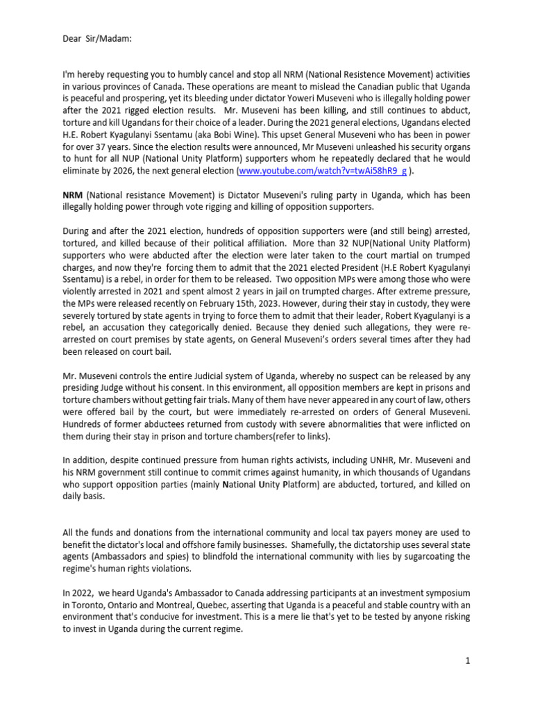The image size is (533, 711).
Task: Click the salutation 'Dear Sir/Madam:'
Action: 96,39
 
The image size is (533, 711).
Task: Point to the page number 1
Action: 468,661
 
